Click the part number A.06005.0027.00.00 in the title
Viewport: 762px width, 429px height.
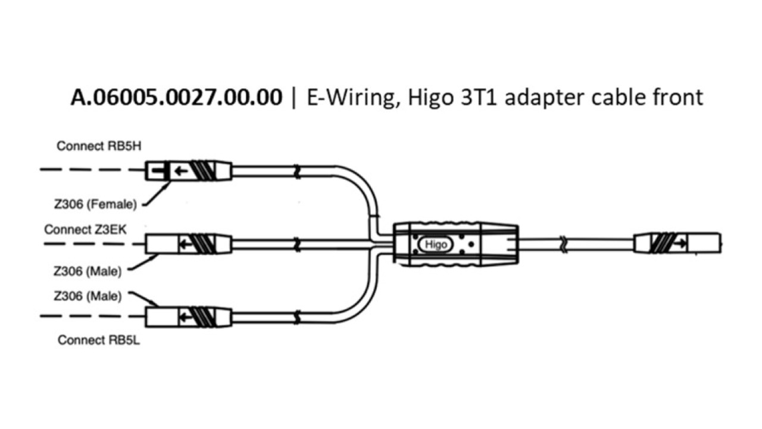(176, 97)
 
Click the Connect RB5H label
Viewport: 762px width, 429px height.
(99, 146)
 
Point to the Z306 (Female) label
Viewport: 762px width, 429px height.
(95, 204)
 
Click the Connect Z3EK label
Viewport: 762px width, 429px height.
(85, 229)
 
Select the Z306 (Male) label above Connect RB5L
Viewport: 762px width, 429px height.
(88, 296)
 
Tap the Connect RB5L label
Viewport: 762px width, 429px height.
(99, 340)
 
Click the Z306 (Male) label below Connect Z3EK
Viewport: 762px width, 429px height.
(88, 271)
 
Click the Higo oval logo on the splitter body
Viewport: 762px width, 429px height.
(435, 244)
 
